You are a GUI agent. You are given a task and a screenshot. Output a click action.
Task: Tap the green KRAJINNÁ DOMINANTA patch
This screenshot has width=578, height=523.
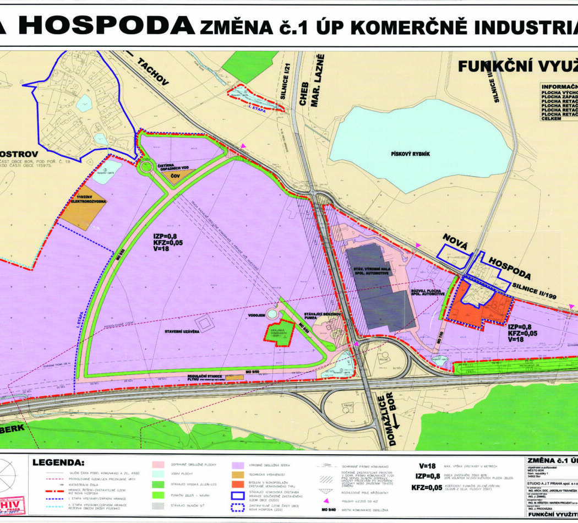click(279, 334)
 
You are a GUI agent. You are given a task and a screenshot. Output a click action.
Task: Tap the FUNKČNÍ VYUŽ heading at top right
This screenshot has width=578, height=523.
click(517, 67)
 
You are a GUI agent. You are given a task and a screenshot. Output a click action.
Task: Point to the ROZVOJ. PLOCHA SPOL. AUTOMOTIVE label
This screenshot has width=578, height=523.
click(427, 292)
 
